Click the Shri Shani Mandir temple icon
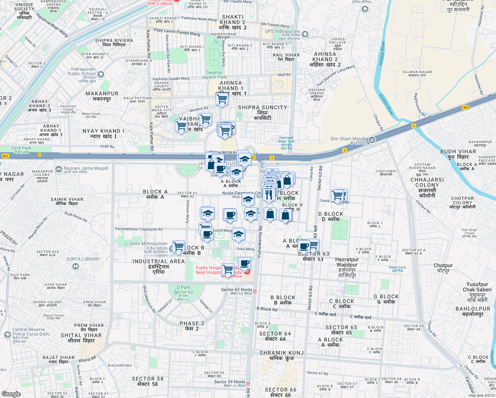point(372,140)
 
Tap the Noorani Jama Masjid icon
point(59,169)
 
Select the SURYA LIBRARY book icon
point(75,266)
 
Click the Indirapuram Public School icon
point(101,74)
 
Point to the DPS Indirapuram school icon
point(305,34)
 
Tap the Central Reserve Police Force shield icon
point(8,335)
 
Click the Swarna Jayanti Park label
point(214,75)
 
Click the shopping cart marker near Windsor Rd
point(222,99)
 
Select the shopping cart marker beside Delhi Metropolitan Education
point(178,247)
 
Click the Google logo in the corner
point(11,394)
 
